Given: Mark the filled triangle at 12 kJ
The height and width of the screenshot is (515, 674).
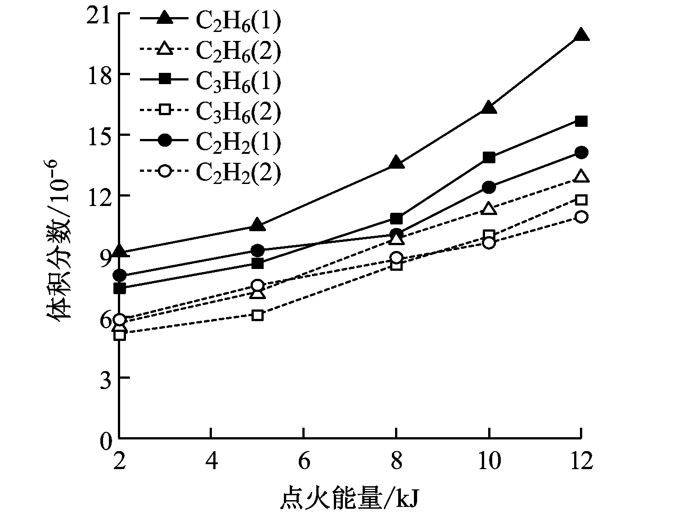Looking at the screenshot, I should click(x=581, y=35).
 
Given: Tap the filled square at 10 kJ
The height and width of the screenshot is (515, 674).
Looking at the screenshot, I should click(x=489, y=157).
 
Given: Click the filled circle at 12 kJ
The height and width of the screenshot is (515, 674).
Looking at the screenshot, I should click(x=581, y=152).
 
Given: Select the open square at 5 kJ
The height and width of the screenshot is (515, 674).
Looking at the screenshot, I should click(x=257, y=315).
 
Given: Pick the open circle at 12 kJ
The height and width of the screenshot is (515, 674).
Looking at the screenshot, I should click(x=581, y=217).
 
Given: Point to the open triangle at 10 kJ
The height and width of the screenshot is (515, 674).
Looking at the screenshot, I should click(x=489, y=209).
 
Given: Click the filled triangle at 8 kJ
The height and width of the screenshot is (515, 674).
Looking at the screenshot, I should click(x=396, y=162).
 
